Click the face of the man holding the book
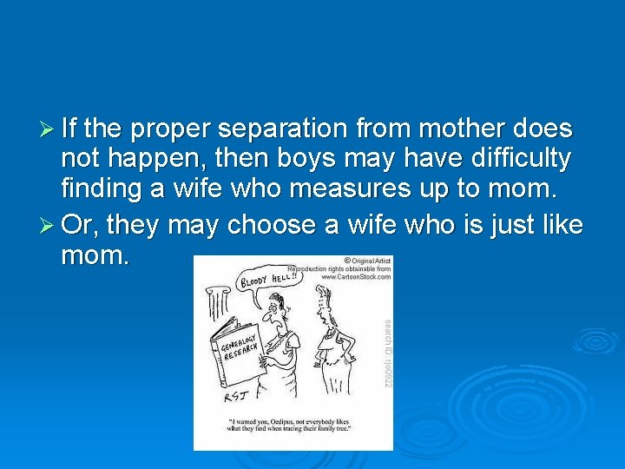[x=277, y=307]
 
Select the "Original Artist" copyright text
[x=368, y=261]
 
